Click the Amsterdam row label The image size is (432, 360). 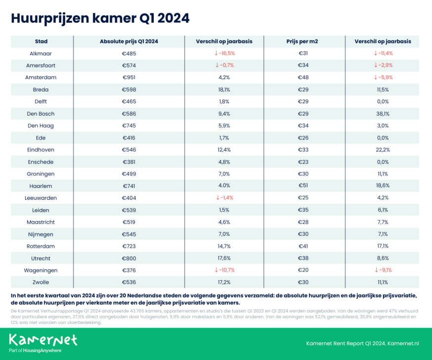[x=42, y=77]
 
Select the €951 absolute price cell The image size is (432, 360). [x=129, y=77]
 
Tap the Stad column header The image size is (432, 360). [x=42, y=41]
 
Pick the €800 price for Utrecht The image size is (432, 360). [x=129, y=258]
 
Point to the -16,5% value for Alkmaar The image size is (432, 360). [x=224, y=53]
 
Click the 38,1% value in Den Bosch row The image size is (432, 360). [x=383, y=114]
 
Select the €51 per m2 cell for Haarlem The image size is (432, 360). [x=303, y=186]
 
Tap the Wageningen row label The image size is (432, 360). [x=42, y=270]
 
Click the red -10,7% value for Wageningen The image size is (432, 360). [x=224, y=270]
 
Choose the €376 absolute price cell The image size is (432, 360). [x=129, y=270]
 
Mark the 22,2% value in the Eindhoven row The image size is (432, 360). [x=383, y=150]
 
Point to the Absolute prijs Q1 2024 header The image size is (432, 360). [x=129, y=41]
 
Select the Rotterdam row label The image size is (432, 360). [x=42, y=246]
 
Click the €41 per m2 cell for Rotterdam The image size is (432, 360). [x=303, y=246]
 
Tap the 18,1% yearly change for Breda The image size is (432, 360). [x=224, y=90]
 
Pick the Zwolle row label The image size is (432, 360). [x=42, y=282]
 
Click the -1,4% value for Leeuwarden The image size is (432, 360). [x=224, y=198]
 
